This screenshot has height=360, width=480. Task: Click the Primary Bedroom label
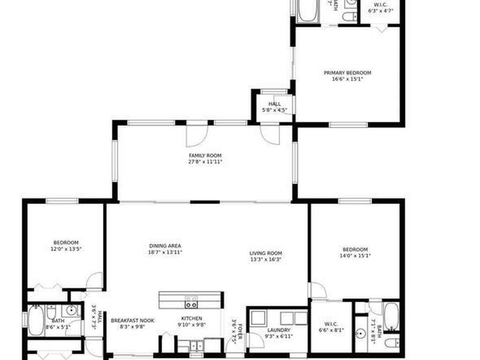click(x=347, y=73)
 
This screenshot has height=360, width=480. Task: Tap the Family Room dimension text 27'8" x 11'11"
click(x=205, y=162)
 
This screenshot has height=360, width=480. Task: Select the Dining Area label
click(x=165, y=246)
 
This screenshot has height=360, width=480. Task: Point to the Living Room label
click(x=266, y=253)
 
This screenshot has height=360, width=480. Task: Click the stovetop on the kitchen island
click(x=191, y=302)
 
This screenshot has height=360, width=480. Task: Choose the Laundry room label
click(x=278, y=330)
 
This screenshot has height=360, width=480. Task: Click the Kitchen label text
click(x=192, y=318)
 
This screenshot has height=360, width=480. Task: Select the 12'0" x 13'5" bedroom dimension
click(x=66, y=249)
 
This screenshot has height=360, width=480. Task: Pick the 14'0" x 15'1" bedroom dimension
click(x=355, y=256)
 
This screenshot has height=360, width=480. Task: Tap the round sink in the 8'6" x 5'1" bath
click(x=71, y=310)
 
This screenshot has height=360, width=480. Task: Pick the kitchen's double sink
click(x=196, y=345)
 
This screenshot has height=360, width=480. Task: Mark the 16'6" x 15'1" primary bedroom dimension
click(x=347, y=79)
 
